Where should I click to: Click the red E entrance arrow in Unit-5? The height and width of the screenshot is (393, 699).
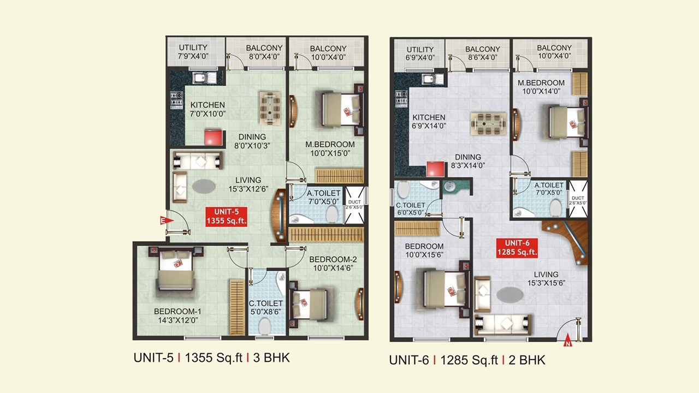[166, 221]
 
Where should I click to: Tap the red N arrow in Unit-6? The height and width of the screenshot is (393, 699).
[567, 341]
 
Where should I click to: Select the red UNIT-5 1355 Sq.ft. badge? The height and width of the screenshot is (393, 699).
[227, 217]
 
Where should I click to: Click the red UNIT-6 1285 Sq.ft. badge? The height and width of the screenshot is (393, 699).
[517, 248]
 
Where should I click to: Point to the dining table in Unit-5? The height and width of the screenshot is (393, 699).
[270, 108]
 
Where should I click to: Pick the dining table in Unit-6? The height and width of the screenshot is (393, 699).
[488, 124]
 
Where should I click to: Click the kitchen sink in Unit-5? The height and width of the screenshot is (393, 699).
[204, 78]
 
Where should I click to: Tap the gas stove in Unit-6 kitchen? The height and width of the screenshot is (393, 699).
[401, 98]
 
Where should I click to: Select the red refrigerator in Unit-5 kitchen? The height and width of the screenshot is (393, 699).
[213, 138]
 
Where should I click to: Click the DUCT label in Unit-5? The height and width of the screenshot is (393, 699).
[354, 202]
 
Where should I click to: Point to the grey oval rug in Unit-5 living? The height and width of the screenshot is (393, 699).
[204, 186]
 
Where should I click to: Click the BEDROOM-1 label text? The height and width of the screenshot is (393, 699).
[177, 311]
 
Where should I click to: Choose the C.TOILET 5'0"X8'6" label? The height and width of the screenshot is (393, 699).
[265, 307]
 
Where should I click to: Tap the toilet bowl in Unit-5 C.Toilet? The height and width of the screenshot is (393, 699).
[264, 326]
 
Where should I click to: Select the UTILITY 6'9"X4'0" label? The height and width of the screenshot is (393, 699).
[420, 53]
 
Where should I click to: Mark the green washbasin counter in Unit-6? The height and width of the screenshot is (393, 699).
[455, 187]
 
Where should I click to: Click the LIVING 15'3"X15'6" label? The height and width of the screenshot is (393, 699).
[546, 279]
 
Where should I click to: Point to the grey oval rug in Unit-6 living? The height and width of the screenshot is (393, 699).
[510, 294]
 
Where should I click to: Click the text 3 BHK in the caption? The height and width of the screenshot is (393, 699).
[271, 358]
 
